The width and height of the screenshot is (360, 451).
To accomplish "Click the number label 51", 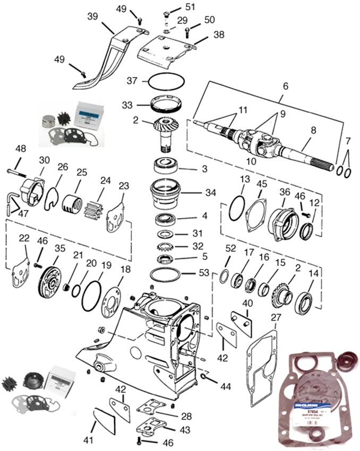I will coord(190,7).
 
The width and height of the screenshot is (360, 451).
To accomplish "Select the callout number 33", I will coord(126,105).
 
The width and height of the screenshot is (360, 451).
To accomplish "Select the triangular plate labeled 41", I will coord(100,422).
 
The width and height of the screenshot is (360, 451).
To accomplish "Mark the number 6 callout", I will coord(286,86).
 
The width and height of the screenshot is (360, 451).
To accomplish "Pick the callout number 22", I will coord(23,239).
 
